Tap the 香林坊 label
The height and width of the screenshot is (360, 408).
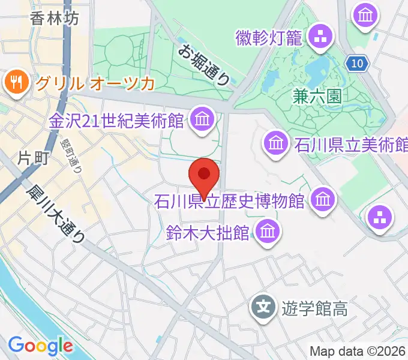tap(55, 19)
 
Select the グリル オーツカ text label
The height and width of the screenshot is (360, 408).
tap(94, 82)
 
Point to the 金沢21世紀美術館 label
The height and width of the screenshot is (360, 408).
tap(116, 121)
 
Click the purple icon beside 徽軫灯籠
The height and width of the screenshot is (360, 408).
tap(320, 37)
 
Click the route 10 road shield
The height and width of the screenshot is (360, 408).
tap(358, 62)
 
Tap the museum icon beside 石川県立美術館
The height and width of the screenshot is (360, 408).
tap(276, 143)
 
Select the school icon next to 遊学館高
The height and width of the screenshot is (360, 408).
tap(263, 309)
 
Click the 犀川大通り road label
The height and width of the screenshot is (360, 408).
tap(55, 213)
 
